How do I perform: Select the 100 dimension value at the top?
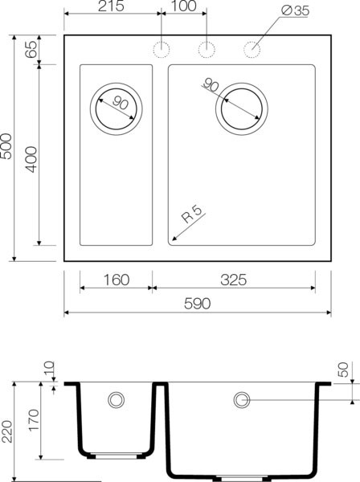(184, 7)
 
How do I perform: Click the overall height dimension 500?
(7, 148)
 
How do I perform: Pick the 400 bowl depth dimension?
(31, 157)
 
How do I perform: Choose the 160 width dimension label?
(116, 280)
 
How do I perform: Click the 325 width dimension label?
(233, 280)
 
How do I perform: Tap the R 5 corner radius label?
(190, 216)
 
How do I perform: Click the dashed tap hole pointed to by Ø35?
(252, 49)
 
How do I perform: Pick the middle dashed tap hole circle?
(207, 49)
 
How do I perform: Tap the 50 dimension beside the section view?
(344, 370)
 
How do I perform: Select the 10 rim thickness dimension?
(49, 372)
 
